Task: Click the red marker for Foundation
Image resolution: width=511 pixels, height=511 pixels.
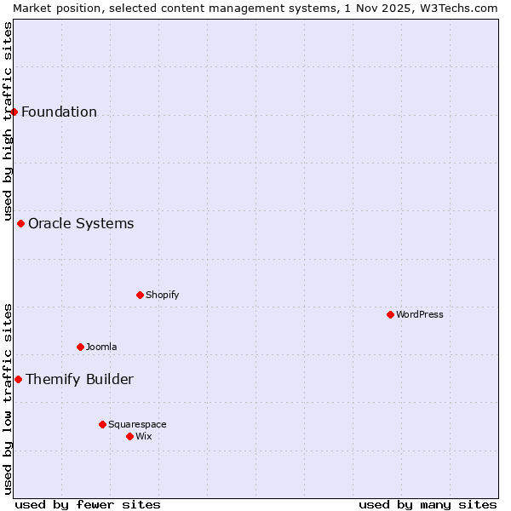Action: point(14,112)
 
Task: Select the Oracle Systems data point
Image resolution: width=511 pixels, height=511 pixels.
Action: point(20,223)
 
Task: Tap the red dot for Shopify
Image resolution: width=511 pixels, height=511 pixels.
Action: point(140,295)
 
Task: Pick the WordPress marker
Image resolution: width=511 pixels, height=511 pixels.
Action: point(390,314)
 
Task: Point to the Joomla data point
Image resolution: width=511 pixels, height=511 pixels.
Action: point(80,347)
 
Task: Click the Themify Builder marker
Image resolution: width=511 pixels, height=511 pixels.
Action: point(18,379)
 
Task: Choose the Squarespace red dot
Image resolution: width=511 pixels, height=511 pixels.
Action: point(102,424)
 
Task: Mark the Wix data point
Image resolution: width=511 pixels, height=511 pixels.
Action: point(129,436)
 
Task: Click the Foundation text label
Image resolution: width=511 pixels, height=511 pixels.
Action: point(59,112)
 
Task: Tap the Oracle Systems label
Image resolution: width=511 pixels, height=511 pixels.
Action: point(81,223)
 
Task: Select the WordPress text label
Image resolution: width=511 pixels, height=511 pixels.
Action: point(420,314)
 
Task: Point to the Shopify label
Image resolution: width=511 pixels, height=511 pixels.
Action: point(162,295)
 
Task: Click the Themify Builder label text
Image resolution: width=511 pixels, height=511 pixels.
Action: point(79,379)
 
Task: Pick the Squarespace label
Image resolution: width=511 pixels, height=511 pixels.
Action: point(137,424)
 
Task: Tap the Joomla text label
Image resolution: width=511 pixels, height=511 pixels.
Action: point(101,347)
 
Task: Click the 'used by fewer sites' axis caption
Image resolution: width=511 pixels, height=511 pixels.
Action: point(88,504)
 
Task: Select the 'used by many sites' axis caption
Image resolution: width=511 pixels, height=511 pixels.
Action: point(428,504)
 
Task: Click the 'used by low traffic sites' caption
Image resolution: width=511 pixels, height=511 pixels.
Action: point(8,399)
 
